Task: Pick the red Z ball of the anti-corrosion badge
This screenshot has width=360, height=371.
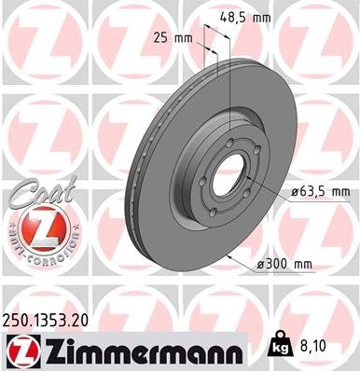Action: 41,227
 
